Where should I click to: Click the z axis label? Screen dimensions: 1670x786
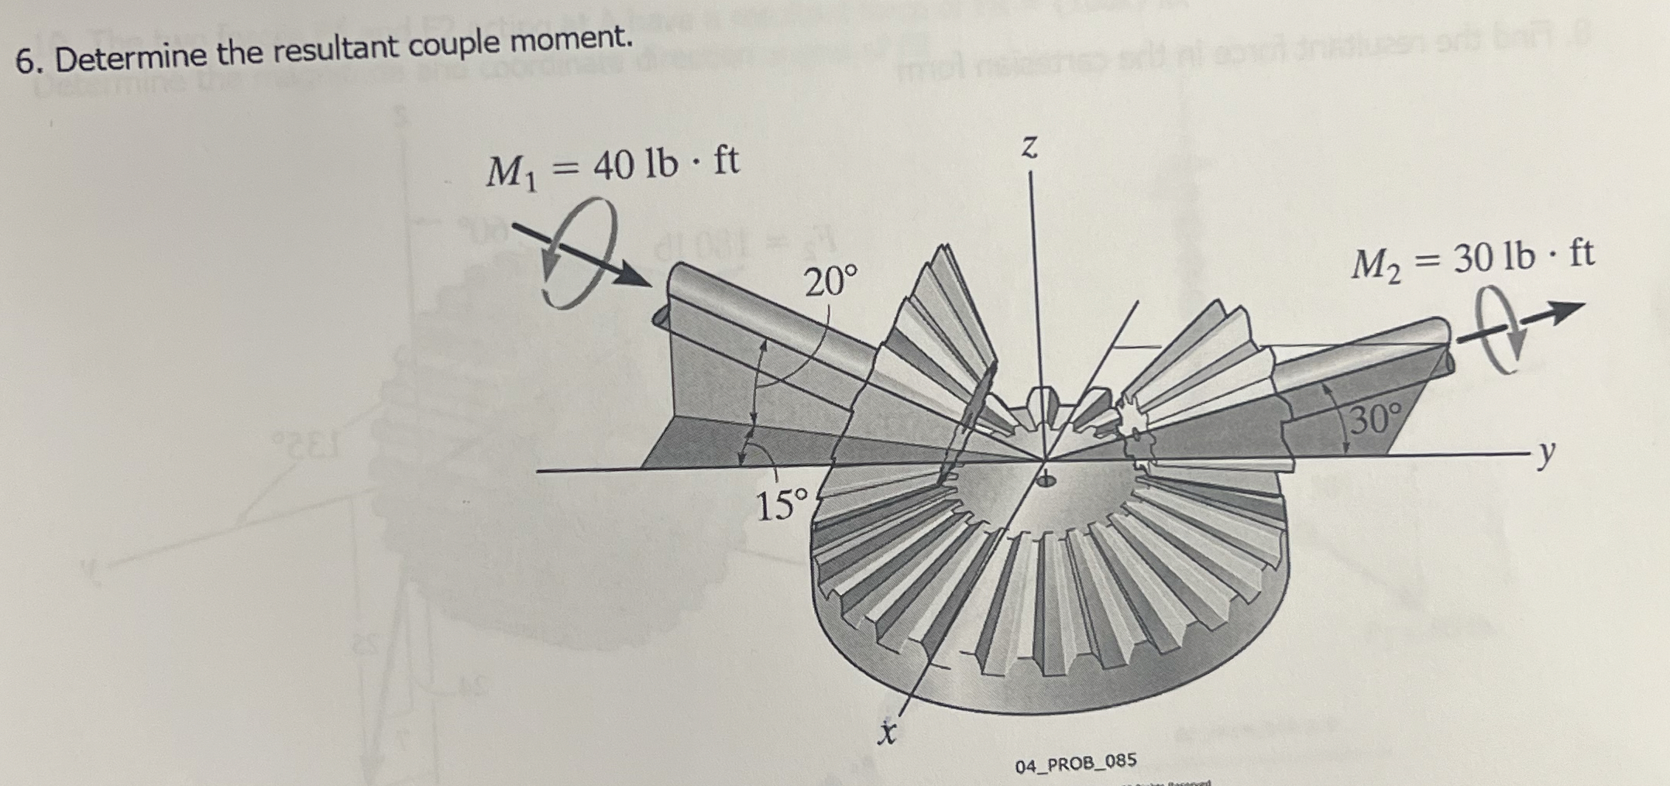[1029, 146]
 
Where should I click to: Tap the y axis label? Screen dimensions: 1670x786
[1546, 457]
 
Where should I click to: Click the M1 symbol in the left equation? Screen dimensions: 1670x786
[510, 172]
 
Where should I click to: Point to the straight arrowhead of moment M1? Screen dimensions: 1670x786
[635, 276]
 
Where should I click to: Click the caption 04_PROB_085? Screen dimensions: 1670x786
[1076, 764]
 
